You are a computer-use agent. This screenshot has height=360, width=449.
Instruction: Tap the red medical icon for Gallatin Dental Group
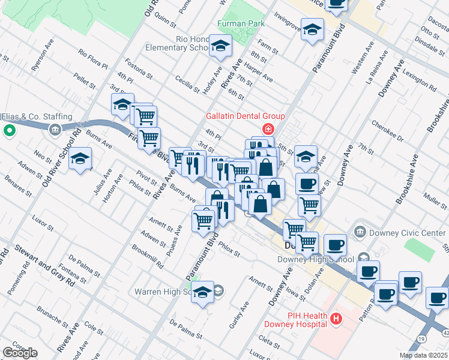(267, 129)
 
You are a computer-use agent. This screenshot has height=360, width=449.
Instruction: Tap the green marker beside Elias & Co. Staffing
(9, 130)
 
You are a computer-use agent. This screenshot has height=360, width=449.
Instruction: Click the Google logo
(19, 353)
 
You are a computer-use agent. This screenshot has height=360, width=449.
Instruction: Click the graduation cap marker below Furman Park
(220, 46)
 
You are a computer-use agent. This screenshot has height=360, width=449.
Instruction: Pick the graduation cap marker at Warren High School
(203, 293)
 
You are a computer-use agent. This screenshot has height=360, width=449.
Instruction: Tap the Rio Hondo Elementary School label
(192, 43)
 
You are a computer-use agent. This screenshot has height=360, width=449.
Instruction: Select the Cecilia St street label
(187, 84)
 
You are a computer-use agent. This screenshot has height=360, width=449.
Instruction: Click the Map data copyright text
(423, 355)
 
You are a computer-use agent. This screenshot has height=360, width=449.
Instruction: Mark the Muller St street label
(435, 199)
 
